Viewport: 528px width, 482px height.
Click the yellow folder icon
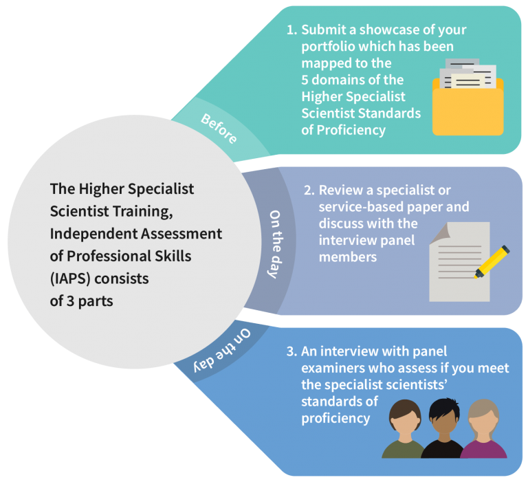point(467,98)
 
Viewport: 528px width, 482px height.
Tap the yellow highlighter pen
point(492,262)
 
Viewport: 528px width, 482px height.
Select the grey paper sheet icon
point(459,262)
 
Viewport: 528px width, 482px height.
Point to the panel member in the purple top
point(483,429)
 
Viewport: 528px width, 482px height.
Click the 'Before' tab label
point(219,129)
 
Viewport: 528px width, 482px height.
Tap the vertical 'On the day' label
point(275,244)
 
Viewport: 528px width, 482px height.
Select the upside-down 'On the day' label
point(222,351)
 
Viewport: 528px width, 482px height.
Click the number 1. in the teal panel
point(292,30)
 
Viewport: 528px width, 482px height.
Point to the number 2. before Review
point(309,190)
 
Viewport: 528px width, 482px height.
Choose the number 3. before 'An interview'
point(292,351)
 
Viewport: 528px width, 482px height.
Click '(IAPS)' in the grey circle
point(70,279)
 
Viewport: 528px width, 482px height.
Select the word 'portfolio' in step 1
point(328,47)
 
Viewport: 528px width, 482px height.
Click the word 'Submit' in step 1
point(324,30)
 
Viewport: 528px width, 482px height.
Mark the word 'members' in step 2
point(348,257)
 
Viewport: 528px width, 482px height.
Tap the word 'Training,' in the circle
point(142,212)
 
